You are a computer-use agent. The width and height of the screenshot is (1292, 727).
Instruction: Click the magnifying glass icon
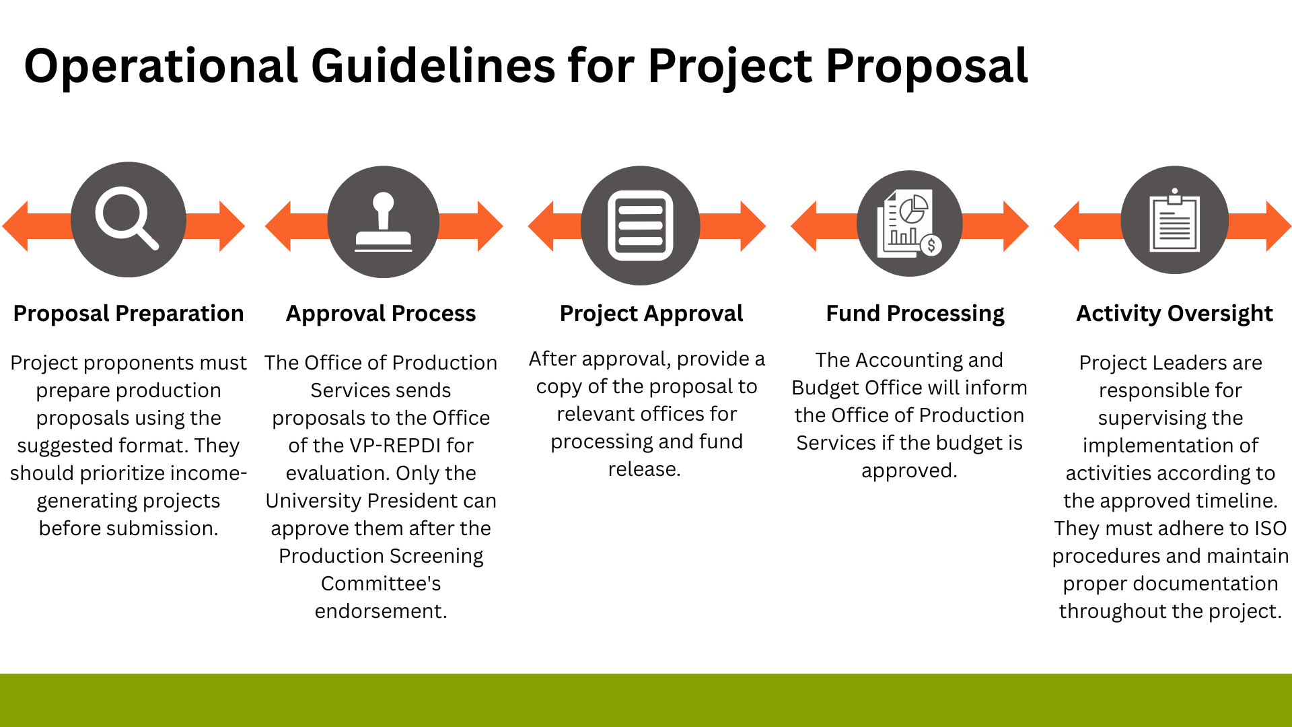pos(126,217)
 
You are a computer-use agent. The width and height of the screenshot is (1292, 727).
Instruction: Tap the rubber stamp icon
pos(384,222)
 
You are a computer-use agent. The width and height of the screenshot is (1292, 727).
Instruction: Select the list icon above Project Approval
pos(641,226)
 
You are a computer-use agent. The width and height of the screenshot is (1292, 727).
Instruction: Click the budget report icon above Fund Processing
pos(909,223)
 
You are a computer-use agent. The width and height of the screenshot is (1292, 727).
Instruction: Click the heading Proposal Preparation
pos(129,314)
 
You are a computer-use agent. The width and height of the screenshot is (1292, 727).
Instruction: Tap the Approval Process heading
pos(381,314)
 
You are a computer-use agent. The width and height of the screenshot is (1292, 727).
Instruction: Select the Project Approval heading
pos(651,314)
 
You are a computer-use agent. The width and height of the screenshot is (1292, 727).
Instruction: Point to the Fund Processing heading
pos(915,314)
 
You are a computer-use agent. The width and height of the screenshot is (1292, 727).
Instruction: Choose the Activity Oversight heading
pos(1175,314)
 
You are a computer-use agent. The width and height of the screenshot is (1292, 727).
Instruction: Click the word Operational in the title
pos(161,67)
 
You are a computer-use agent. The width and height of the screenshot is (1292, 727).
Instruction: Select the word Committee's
pos(381,584)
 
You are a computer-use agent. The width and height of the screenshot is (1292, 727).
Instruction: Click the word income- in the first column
pos(207,473)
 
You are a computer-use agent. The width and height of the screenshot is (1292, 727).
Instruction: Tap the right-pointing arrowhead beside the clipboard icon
pos(1279,226)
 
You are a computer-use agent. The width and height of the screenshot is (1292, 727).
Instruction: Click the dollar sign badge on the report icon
pos(931,245)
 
